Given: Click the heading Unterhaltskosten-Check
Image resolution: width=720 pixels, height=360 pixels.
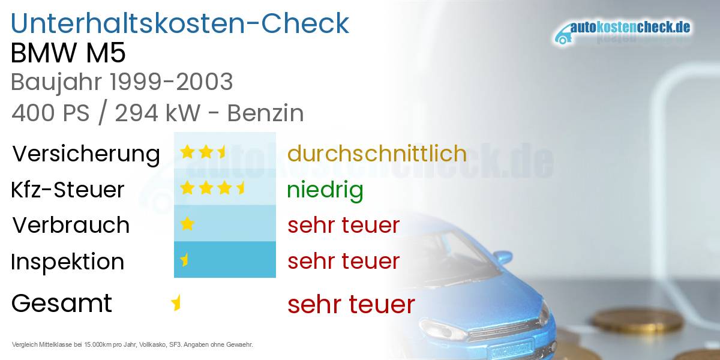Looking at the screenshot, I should coord(180,24).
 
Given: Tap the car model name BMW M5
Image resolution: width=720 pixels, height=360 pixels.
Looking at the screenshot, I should coord(68,53).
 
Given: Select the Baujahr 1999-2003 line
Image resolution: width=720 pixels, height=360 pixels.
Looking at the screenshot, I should coord(122,82).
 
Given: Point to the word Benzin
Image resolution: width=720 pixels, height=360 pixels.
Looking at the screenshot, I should coord(265,113).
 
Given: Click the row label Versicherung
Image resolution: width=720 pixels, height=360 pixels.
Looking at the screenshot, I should coord(86,154).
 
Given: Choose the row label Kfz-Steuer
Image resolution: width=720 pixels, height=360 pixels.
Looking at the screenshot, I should coord(67,190).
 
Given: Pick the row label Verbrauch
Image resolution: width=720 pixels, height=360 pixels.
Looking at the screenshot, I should coord(71,225).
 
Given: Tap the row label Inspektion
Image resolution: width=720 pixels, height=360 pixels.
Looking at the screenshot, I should coord(67,262).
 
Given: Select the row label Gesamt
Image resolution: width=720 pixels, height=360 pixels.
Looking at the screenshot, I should coord(61,303).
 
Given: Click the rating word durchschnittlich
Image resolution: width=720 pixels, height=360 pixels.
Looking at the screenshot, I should coord(377,154).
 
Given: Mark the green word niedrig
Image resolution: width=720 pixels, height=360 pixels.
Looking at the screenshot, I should coord(325,190).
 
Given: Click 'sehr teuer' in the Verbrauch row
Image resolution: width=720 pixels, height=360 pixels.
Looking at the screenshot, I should coord(343,225).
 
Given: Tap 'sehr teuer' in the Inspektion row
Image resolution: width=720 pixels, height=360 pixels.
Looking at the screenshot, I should coord(343,261).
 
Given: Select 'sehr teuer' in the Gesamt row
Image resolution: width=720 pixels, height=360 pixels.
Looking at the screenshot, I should coord(351,304).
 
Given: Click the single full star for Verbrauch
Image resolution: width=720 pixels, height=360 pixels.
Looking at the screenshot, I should coord(187,224).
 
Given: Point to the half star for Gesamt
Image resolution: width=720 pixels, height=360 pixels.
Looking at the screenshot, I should coord(176,303).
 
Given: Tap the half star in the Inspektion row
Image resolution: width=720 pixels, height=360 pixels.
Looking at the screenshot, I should coord(185,260).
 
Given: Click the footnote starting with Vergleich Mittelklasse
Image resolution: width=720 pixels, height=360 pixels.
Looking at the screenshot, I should coord(132,344).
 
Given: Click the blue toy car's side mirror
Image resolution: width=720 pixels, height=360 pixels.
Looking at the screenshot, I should coord(502,257).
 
